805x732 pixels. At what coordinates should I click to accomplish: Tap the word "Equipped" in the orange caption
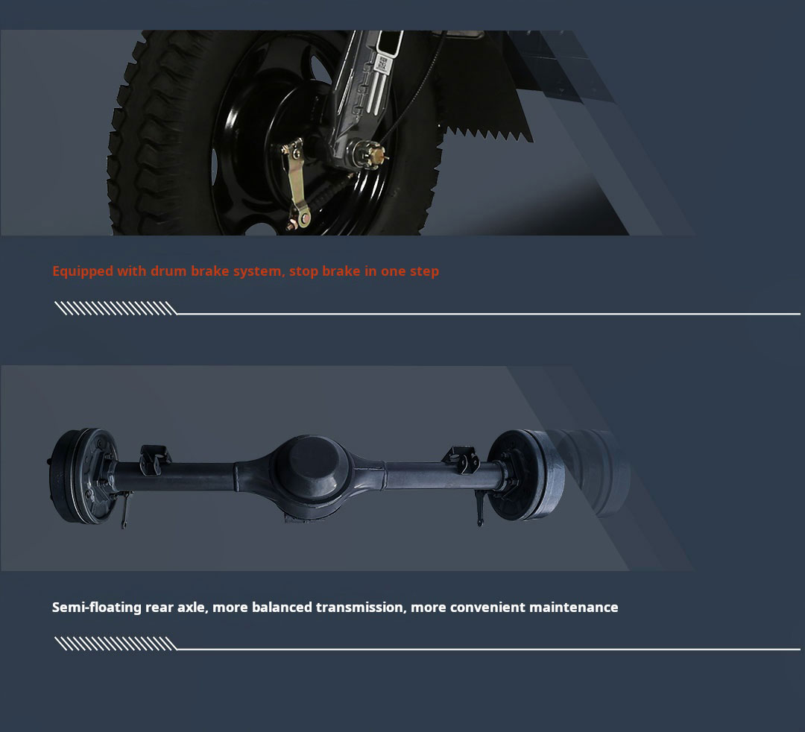(83, 271)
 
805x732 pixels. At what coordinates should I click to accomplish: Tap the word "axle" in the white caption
(192, 608)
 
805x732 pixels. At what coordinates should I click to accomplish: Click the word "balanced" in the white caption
(282, 608)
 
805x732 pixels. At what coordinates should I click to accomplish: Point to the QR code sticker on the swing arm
(383, 64)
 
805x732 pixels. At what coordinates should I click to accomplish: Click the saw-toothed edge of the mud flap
(487, 134)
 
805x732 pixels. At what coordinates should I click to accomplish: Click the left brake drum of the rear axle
(82, 476)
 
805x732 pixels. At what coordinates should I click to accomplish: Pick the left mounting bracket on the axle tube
(155, 459)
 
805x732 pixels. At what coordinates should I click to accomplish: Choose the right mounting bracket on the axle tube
(462, 459)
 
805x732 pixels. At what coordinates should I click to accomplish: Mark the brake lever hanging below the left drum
(124, 508)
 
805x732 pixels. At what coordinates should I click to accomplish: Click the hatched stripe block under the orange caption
(116, 308)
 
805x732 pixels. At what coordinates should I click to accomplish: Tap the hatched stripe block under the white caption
(116, 644)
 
